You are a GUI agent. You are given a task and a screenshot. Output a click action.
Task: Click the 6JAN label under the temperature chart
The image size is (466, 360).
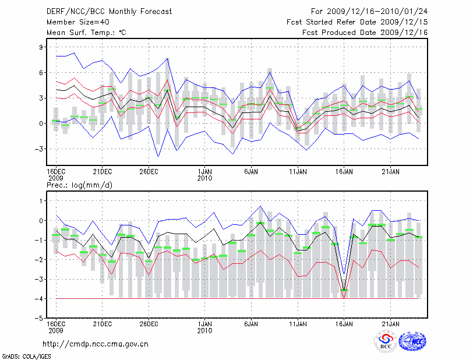(x=251, y=171)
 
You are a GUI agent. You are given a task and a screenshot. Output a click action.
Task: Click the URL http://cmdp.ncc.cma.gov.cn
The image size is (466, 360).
(x=95, y=344)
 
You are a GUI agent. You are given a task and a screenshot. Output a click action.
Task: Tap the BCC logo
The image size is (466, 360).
(x=386, y=341)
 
